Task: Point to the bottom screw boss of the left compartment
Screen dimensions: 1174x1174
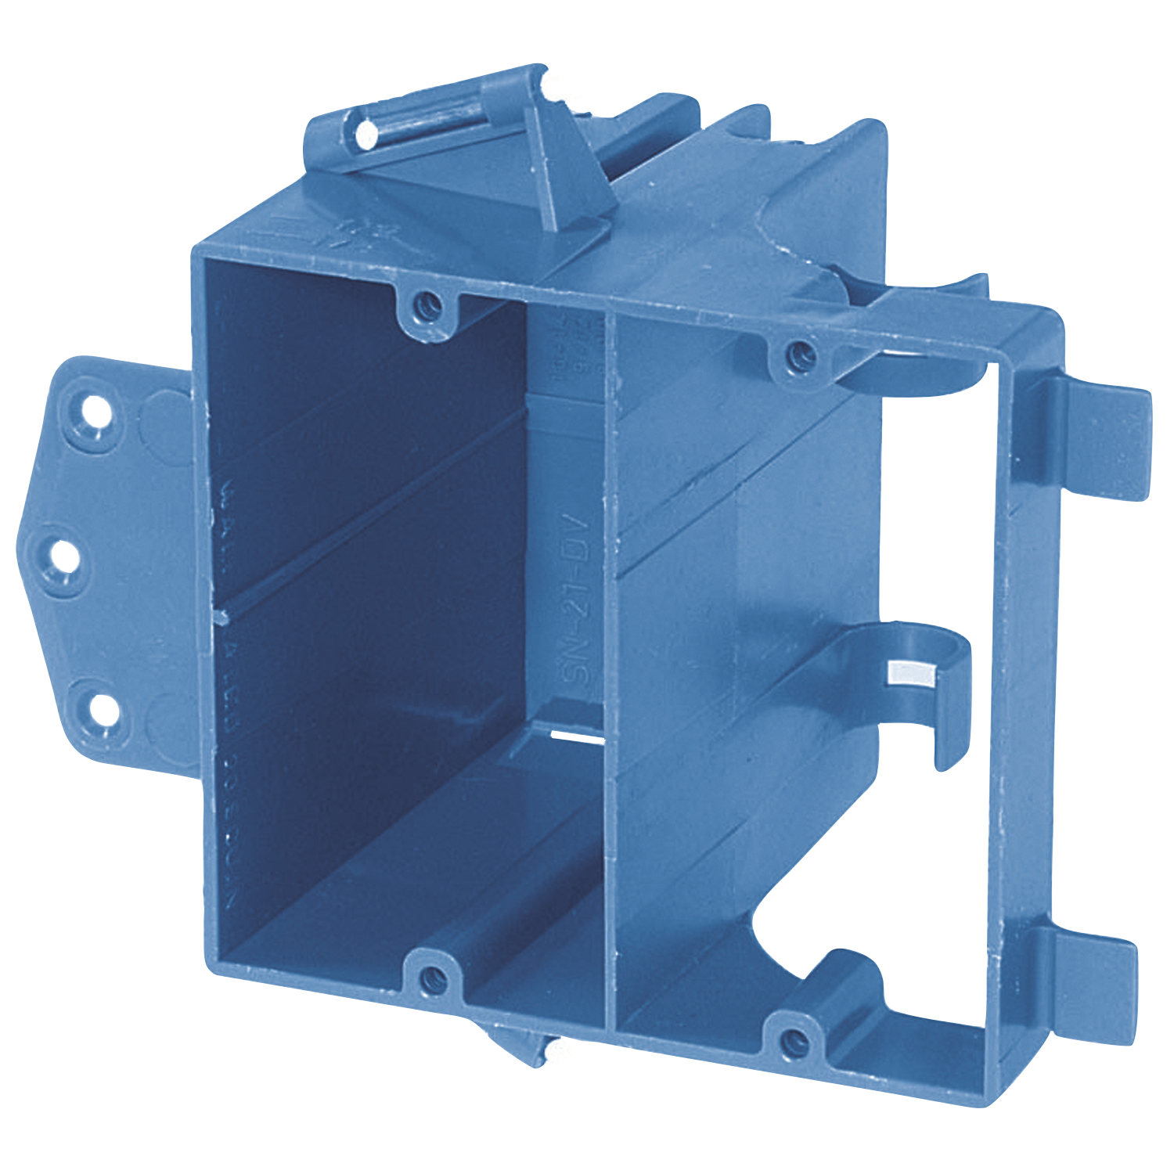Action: pos(431,978)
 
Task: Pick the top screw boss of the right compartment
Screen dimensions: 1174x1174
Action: pos(798,356)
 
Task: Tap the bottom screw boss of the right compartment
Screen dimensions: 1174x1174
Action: pos(794,1040)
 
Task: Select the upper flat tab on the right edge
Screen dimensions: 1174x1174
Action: pos(1104,438)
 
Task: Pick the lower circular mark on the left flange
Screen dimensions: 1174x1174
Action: pos(168,716)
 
